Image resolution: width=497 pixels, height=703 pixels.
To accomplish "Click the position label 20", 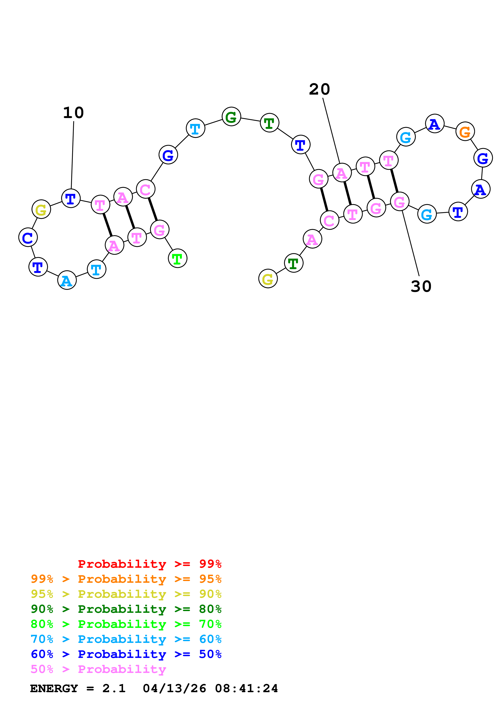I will click(319, 89).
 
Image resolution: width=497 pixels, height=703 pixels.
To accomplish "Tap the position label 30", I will click(421, 287).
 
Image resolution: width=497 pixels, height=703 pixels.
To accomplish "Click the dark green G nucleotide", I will click(231, 117).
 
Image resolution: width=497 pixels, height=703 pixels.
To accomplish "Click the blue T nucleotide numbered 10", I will click(71, 198).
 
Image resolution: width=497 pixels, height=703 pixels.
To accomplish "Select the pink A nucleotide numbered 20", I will click(342, 173).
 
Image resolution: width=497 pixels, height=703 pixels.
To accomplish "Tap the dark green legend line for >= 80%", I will click(126, 609).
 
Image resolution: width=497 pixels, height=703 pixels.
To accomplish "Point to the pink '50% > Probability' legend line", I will click(98, 669).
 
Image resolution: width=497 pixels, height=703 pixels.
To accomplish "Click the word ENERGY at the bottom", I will click(54, 689).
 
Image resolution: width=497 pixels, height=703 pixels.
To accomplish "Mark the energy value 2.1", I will click(114, 689).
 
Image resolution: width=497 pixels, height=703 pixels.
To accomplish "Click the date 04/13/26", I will click(174, 689).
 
